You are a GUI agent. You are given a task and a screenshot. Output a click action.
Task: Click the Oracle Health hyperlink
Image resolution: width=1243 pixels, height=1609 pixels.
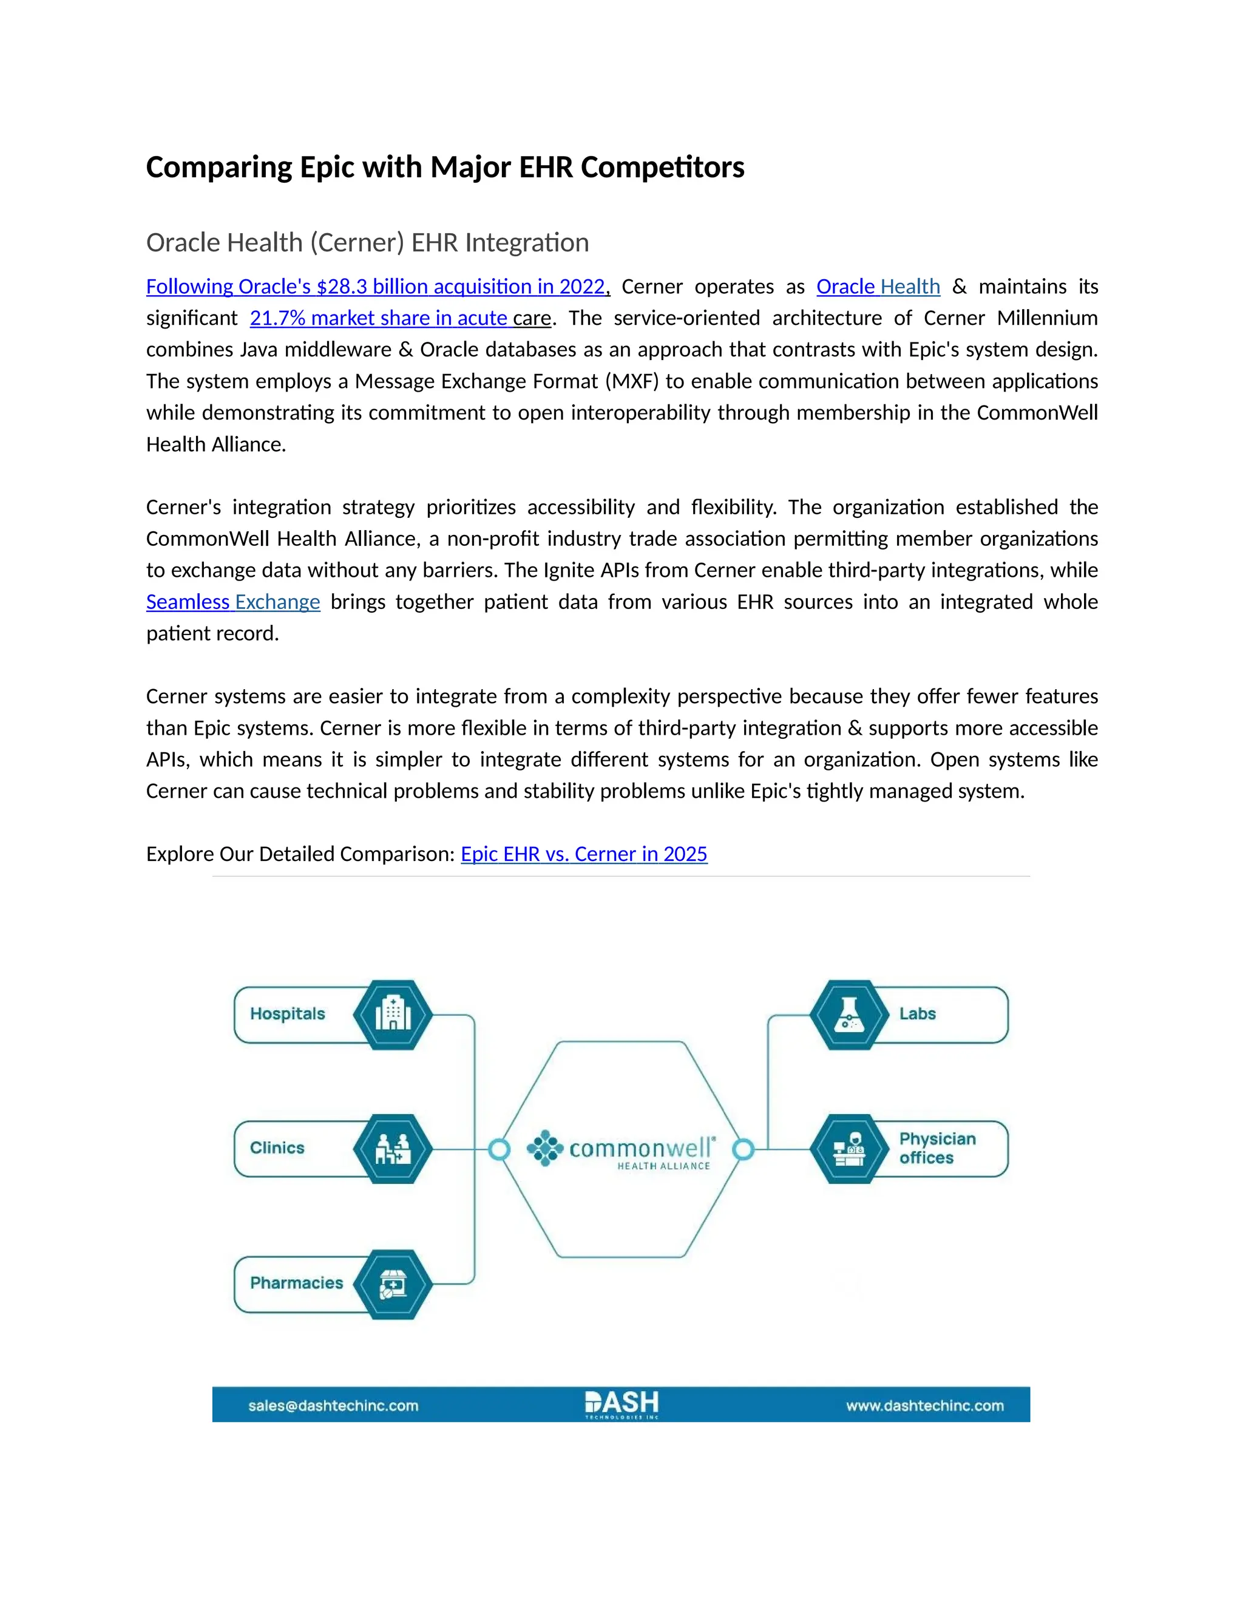(878, 287)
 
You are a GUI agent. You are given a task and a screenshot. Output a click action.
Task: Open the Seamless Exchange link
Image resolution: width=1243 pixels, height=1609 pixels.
(232, 602)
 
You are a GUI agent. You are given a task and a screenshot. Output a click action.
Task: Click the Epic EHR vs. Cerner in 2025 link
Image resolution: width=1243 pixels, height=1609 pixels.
(583, 854)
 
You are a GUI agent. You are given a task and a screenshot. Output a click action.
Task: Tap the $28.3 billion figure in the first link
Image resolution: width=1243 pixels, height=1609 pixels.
(341, 287)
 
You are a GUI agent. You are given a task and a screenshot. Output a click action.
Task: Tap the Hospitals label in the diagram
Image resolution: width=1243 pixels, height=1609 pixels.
(287, 1014)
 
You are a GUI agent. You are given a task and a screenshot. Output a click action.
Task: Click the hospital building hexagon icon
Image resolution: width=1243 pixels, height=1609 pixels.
(393, 1015)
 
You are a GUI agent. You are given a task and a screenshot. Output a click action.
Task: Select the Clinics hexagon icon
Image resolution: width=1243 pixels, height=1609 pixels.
(393, 1149)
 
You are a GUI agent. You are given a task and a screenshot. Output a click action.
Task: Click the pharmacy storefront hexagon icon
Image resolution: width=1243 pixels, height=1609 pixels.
(393, 1284)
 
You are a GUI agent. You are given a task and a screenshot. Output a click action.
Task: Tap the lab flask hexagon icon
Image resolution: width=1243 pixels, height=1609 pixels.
(849, 1015)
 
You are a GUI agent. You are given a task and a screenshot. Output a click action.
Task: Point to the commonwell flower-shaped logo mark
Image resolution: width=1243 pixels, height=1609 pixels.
(545, 1148)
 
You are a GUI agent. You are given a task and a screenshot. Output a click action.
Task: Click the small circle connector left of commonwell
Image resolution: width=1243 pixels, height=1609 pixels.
(500, 1149)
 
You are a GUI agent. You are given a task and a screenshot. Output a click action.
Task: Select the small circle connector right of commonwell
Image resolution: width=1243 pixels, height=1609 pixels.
(743, 1149)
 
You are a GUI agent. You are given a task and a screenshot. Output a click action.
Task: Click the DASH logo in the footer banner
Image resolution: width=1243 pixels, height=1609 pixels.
(621, 1403)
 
